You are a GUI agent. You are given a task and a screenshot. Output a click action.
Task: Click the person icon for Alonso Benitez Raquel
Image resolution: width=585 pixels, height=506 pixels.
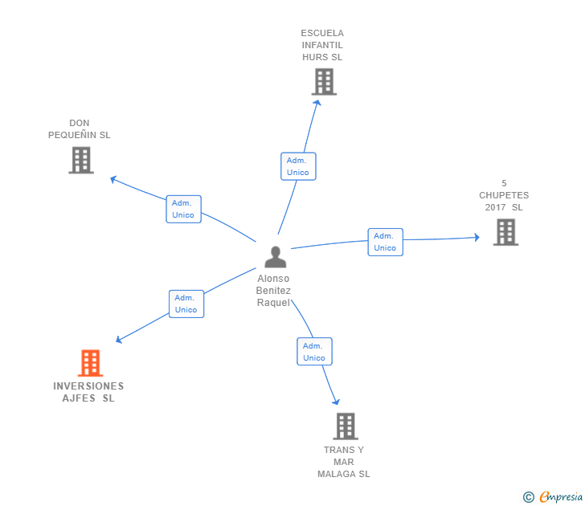[x=275, y=257]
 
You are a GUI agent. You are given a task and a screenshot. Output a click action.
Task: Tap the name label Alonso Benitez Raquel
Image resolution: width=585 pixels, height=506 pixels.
[x=273, y=291]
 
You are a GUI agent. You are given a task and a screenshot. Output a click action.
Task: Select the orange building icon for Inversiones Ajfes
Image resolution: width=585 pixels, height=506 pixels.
[x=90, y=363]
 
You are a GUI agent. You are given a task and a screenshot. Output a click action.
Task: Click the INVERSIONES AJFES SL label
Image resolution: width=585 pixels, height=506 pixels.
[x=88, y=392]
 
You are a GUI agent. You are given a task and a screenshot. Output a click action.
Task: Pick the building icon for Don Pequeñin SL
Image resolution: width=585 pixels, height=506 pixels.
[x=80, y=160]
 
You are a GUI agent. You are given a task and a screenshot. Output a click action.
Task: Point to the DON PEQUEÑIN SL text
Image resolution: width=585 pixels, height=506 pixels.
[x=80, y=129]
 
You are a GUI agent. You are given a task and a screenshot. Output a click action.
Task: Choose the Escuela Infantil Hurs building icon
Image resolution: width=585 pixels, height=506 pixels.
[x=323, y=81]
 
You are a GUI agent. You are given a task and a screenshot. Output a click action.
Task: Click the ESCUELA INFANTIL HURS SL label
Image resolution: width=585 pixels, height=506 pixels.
[x=322, y=45]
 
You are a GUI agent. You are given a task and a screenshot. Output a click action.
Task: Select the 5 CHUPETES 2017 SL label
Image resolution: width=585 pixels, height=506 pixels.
[x=504, y=195]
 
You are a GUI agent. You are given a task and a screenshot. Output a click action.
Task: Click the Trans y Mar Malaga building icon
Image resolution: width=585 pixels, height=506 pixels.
[x=345, y=426]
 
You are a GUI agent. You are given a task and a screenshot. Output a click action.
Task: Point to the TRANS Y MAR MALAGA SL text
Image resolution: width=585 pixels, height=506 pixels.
[x=344, y=462]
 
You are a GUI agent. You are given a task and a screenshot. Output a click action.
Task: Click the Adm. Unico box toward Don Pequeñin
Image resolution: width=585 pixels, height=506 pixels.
[x=183, y=209]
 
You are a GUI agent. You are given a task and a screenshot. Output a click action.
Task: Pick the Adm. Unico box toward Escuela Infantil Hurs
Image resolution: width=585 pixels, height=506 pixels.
[x=298, y=166]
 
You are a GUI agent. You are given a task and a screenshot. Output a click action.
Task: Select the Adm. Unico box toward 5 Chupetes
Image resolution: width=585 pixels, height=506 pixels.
[x=385, y=242]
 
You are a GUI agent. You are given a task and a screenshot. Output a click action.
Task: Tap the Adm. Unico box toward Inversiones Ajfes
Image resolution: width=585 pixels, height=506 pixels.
[x=186, y=304]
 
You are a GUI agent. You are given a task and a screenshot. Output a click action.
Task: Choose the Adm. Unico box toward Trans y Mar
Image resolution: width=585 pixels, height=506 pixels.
[x=314, y=352]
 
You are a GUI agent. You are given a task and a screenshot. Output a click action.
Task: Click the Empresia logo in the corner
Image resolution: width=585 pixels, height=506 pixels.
[x=554, y=496]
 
